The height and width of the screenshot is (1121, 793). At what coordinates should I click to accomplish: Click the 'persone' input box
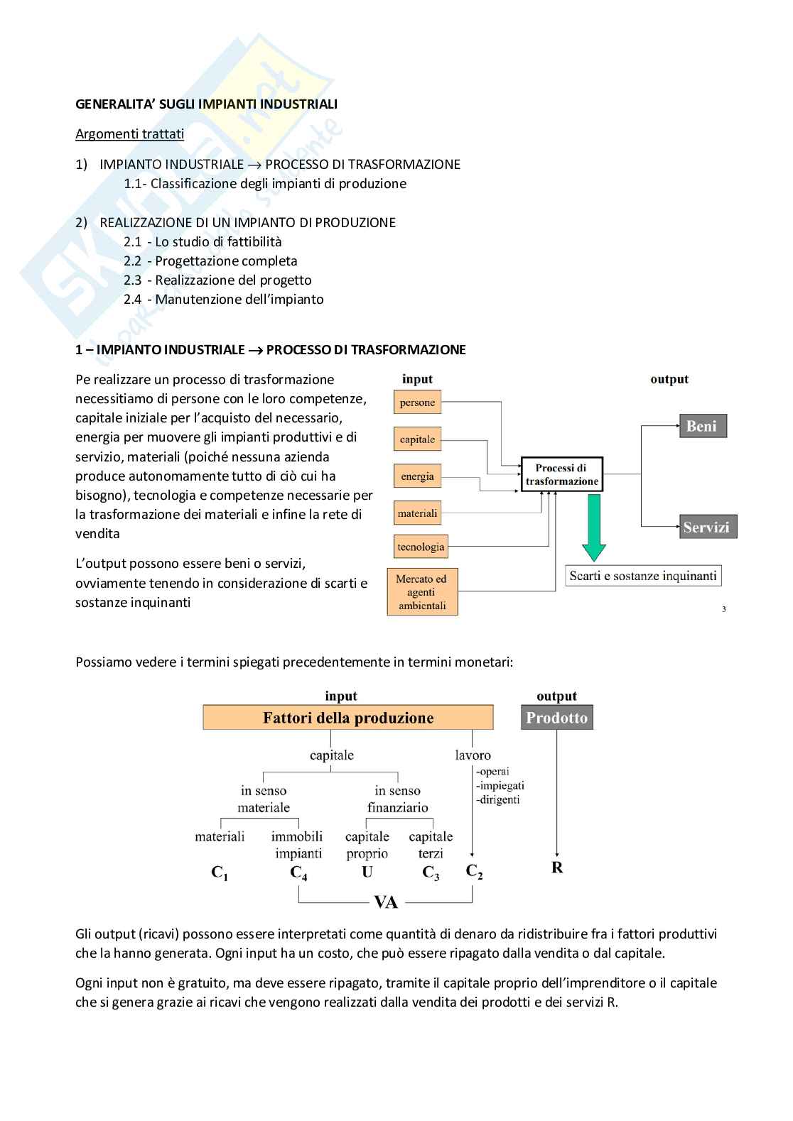point(417,403)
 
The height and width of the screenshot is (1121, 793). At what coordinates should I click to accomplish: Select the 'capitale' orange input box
point(417,439)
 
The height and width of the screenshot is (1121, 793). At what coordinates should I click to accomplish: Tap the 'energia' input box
point(417,476)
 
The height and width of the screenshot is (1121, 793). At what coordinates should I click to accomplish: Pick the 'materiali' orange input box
point(417,513)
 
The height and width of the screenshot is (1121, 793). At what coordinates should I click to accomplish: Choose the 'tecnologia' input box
point(421,547)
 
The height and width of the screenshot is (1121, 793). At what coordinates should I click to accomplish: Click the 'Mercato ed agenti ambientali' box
point(422,591)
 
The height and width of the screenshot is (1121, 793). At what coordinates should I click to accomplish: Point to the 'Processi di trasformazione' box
point(561,474)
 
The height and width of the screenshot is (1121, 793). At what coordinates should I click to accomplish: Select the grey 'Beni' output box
point(702,426)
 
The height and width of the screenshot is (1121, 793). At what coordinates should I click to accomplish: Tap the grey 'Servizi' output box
point(706,527)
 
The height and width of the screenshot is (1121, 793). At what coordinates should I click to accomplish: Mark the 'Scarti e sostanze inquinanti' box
point(643,576)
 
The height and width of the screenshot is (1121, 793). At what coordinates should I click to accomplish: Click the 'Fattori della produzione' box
point(348,718)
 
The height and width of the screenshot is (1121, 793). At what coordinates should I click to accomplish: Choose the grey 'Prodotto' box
point(557,718)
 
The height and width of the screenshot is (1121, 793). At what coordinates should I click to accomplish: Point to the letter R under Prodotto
point(557,868)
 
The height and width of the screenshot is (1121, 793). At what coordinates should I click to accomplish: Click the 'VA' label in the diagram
point(386,902)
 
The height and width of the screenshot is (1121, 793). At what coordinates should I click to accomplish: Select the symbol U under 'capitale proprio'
point(367,873)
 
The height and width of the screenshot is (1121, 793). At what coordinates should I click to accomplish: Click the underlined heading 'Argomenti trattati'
point(129,134)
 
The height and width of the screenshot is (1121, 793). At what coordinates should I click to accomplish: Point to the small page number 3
point(723,608)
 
